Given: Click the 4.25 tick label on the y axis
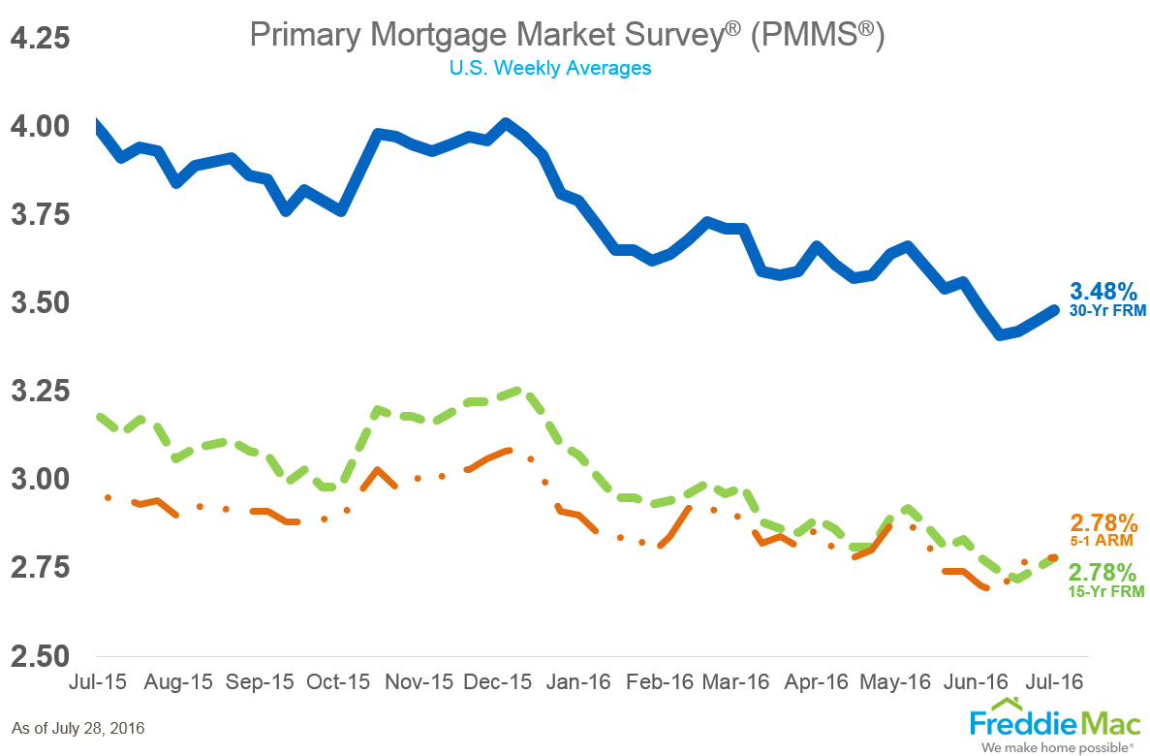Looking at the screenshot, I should coord(41,39).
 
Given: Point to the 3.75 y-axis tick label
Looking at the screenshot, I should coord(41,214).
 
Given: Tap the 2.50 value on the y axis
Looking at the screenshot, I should coord(41,654).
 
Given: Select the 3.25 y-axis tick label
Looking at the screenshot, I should coord(41,391).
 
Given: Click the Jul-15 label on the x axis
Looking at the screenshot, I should coord(97,682).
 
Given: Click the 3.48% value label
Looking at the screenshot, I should coord(1103,291).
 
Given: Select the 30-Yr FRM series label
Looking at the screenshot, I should coord(1107,311).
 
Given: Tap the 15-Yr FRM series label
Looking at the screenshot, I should coord(1106,590).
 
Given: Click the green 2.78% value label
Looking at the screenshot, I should coord(1102,571).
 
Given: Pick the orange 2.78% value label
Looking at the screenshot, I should coord(1103,521).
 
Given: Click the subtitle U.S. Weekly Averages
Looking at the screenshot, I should coord(549,68).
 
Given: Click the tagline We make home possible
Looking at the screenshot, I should coord(1055,747).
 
